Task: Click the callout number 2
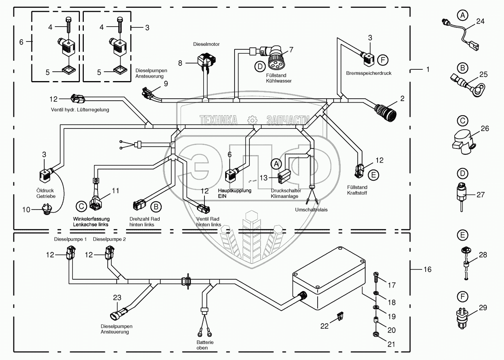[402, 98]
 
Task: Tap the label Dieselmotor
[206, 44]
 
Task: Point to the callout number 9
[166, 83]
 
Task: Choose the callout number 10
[26, 210]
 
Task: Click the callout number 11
[115, 191]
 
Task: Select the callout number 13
[264, 178]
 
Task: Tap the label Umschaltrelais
[312, 210]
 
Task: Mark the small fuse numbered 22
[340, 315]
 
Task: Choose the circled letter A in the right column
[463, 16]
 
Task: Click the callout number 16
[427, 270]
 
